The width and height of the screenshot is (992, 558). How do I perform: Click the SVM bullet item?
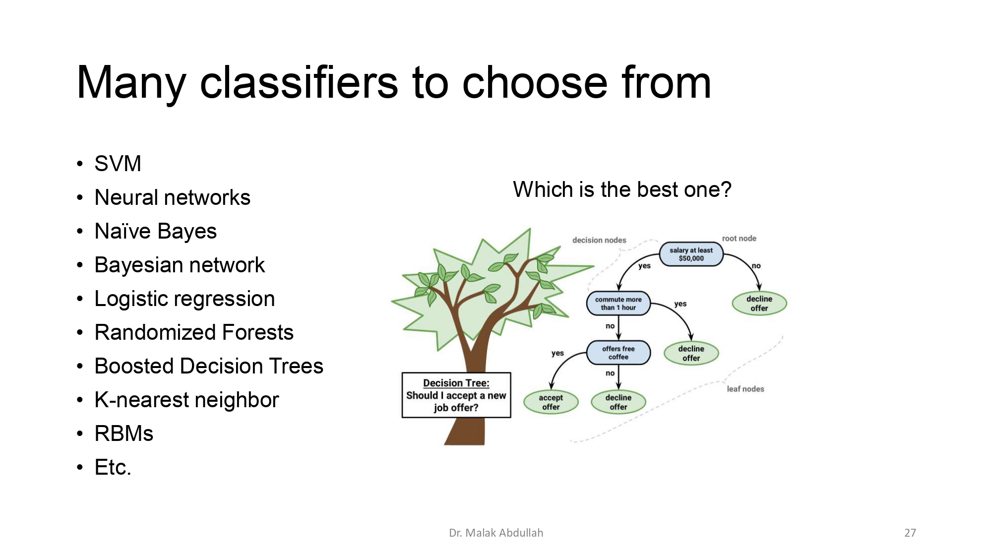click(x=118, y=164)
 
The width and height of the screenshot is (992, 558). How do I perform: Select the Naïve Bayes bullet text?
click(x=155, y=231)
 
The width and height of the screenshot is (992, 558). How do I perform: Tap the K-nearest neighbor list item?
click(x=186, y=400)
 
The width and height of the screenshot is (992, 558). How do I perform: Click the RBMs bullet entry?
click(x=124, y=434)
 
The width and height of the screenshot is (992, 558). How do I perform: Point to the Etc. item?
click(x=113, y=467)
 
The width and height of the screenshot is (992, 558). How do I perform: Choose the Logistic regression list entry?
click(x=185, y=299)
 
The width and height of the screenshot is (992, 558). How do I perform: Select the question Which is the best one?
click(x=622, y=189)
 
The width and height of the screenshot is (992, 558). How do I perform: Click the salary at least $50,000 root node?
click(x=691, y=254)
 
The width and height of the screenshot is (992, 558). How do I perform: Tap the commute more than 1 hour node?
click(x=618, y=304)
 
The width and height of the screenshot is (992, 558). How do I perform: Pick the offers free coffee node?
click(x=618, y=353)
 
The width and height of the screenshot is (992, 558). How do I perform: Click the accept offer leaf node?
click(x=551, y=402)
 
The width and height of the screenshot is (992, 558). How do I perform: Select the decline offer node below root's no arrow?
click(x=759, y=304)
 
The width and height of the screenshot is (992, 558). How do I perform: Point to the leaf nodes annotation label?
click(x=745, y=389)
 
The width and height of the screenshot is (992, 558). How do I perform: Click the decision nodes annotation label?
click(x=599, y=240)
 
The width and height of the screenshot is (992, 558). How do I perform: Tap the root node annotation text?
click(x=739, y=239)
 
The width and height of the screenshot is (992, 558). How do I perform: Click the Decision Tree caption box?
click(x=456, y=395)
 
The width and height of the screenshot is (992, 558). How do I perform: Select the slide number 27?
click(x=910, y=533)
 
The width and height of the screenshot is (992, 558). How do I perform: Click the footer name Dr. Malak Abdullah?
click(x=496, y=533)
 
